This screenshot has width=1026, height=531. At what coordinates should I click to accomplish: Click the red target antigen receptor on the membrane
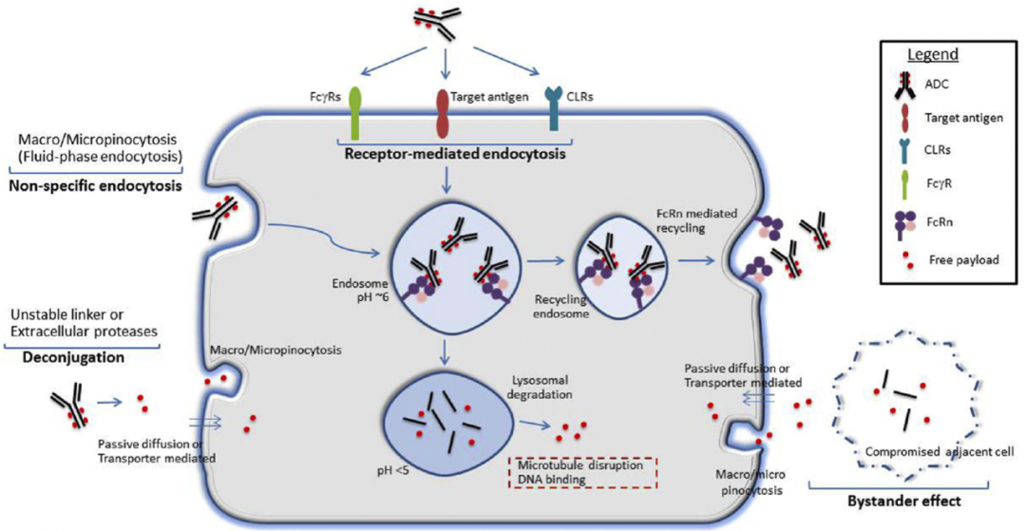pos(443,115)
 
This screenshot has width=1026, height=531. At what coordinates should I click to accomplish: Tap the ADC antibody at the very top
pos(445,21)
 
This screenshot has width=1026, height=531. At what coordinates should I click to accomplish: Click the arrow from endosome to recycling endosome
pos(547,258)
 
